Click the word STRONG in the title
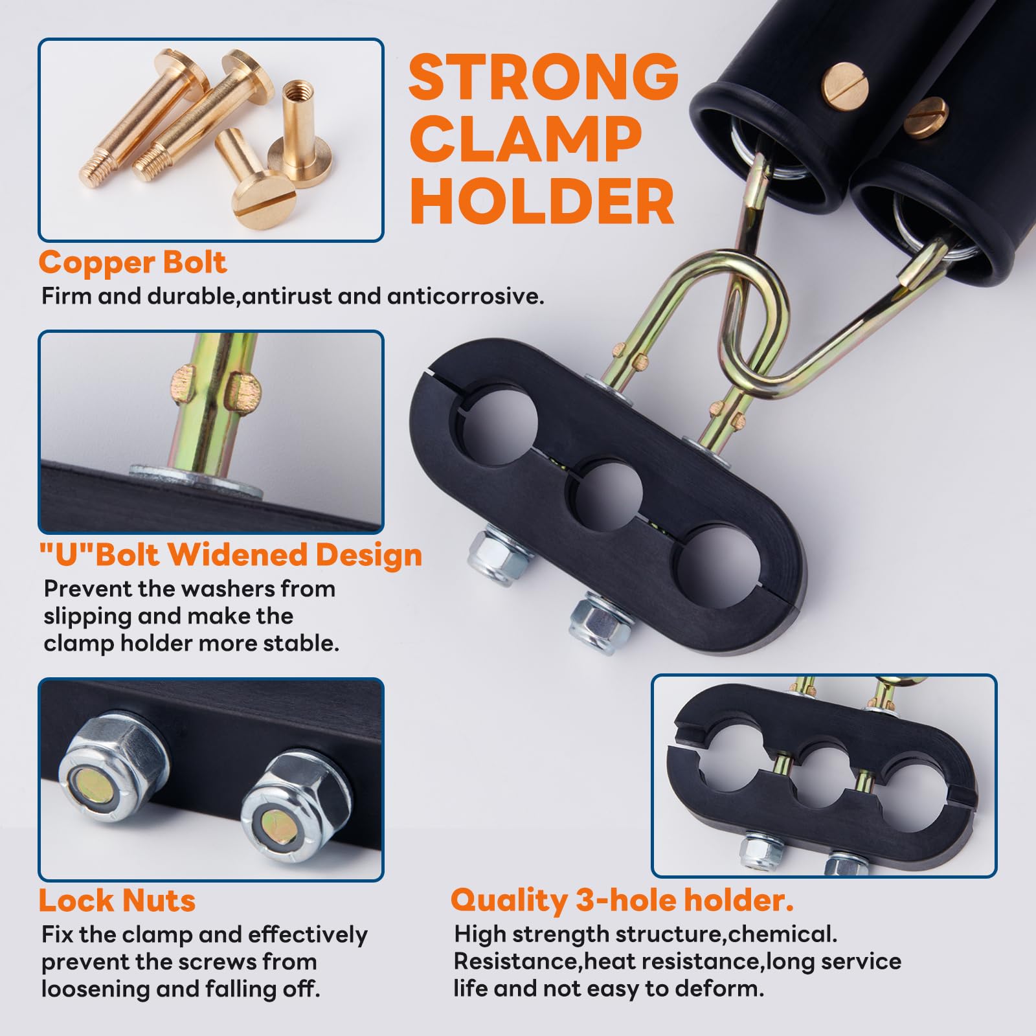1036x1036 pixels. [543, 77]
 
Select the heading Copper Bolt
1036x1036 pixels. [132, 262]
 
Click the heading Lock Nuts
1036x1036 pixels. [117, 900]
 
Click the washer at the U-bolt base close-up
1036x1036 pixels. [194, 479]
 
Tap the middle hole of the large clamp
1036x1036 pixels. [604, 495]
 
